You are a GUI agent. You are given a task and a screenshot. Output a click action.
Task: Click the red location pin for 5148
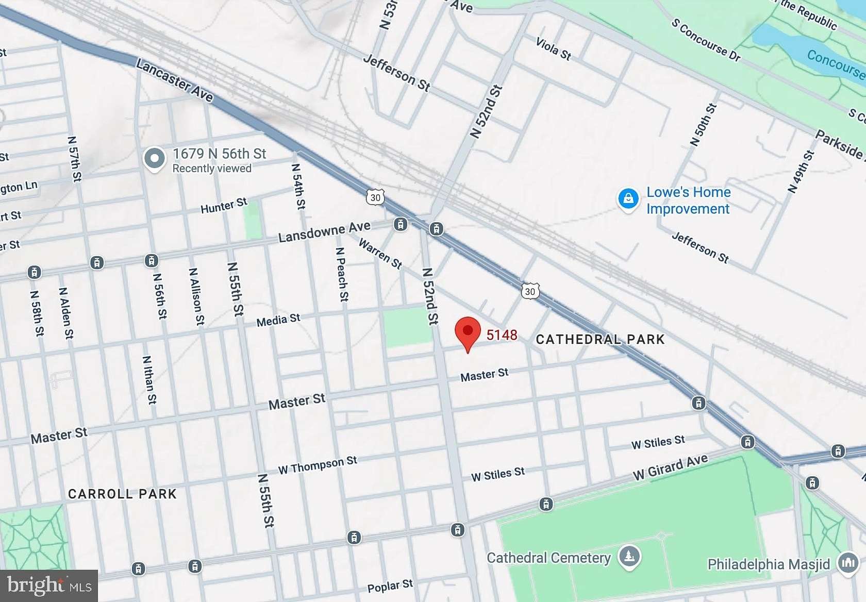point(468,332)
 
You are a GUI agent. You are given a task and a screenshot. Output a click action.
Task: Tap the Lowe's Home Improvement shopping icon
point(628,198)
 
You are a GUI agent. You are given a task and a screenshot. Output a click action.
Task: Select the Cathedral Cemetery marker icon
point(629,557)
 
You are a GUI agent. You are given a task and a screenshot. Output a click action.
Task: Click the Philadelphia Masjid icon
point(848,563)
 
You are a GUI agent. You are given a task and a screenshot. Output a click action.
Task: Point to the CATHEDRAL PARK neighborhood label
point(600,339)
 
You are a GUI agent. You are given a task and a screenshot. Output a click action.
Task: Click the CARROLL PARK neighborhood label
point(122,494)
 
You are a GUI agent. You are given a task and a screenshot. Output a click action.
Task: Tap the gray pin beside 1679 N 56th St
point(154,159)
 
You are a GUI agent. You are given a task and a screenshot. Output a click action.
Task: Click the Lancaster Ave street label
point(174,80)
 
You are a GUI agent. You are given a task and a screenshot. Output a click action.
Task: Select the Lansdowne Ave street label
point(324,232)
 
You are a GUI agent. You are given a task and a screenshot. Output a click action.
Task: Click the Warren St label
point(380,253)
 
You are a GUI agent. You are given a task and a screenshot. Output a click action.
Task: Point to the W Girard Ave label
point(670,467)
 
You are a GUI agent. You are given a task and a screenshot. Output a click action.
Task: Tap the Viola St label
point(554,49)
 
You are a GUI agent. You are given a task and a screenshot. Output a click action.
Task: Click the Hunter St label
point(224,205)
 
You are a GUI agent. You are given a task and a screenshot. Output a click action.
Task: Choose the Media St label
point(278,320)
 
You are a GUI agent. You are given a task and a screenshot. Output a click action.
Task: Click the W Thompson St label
point(318,465)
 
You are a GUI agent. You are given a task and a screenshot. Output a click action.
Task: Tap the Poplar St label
point(390,586)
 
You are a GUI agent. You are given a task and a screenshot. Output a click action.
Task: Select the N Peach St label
point(342,274)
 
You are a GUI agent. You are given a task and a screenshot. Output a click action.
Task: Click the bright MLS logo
point(49,586)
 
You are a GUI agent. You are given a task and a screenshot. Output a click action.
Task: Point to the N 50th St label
point(704,125)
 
